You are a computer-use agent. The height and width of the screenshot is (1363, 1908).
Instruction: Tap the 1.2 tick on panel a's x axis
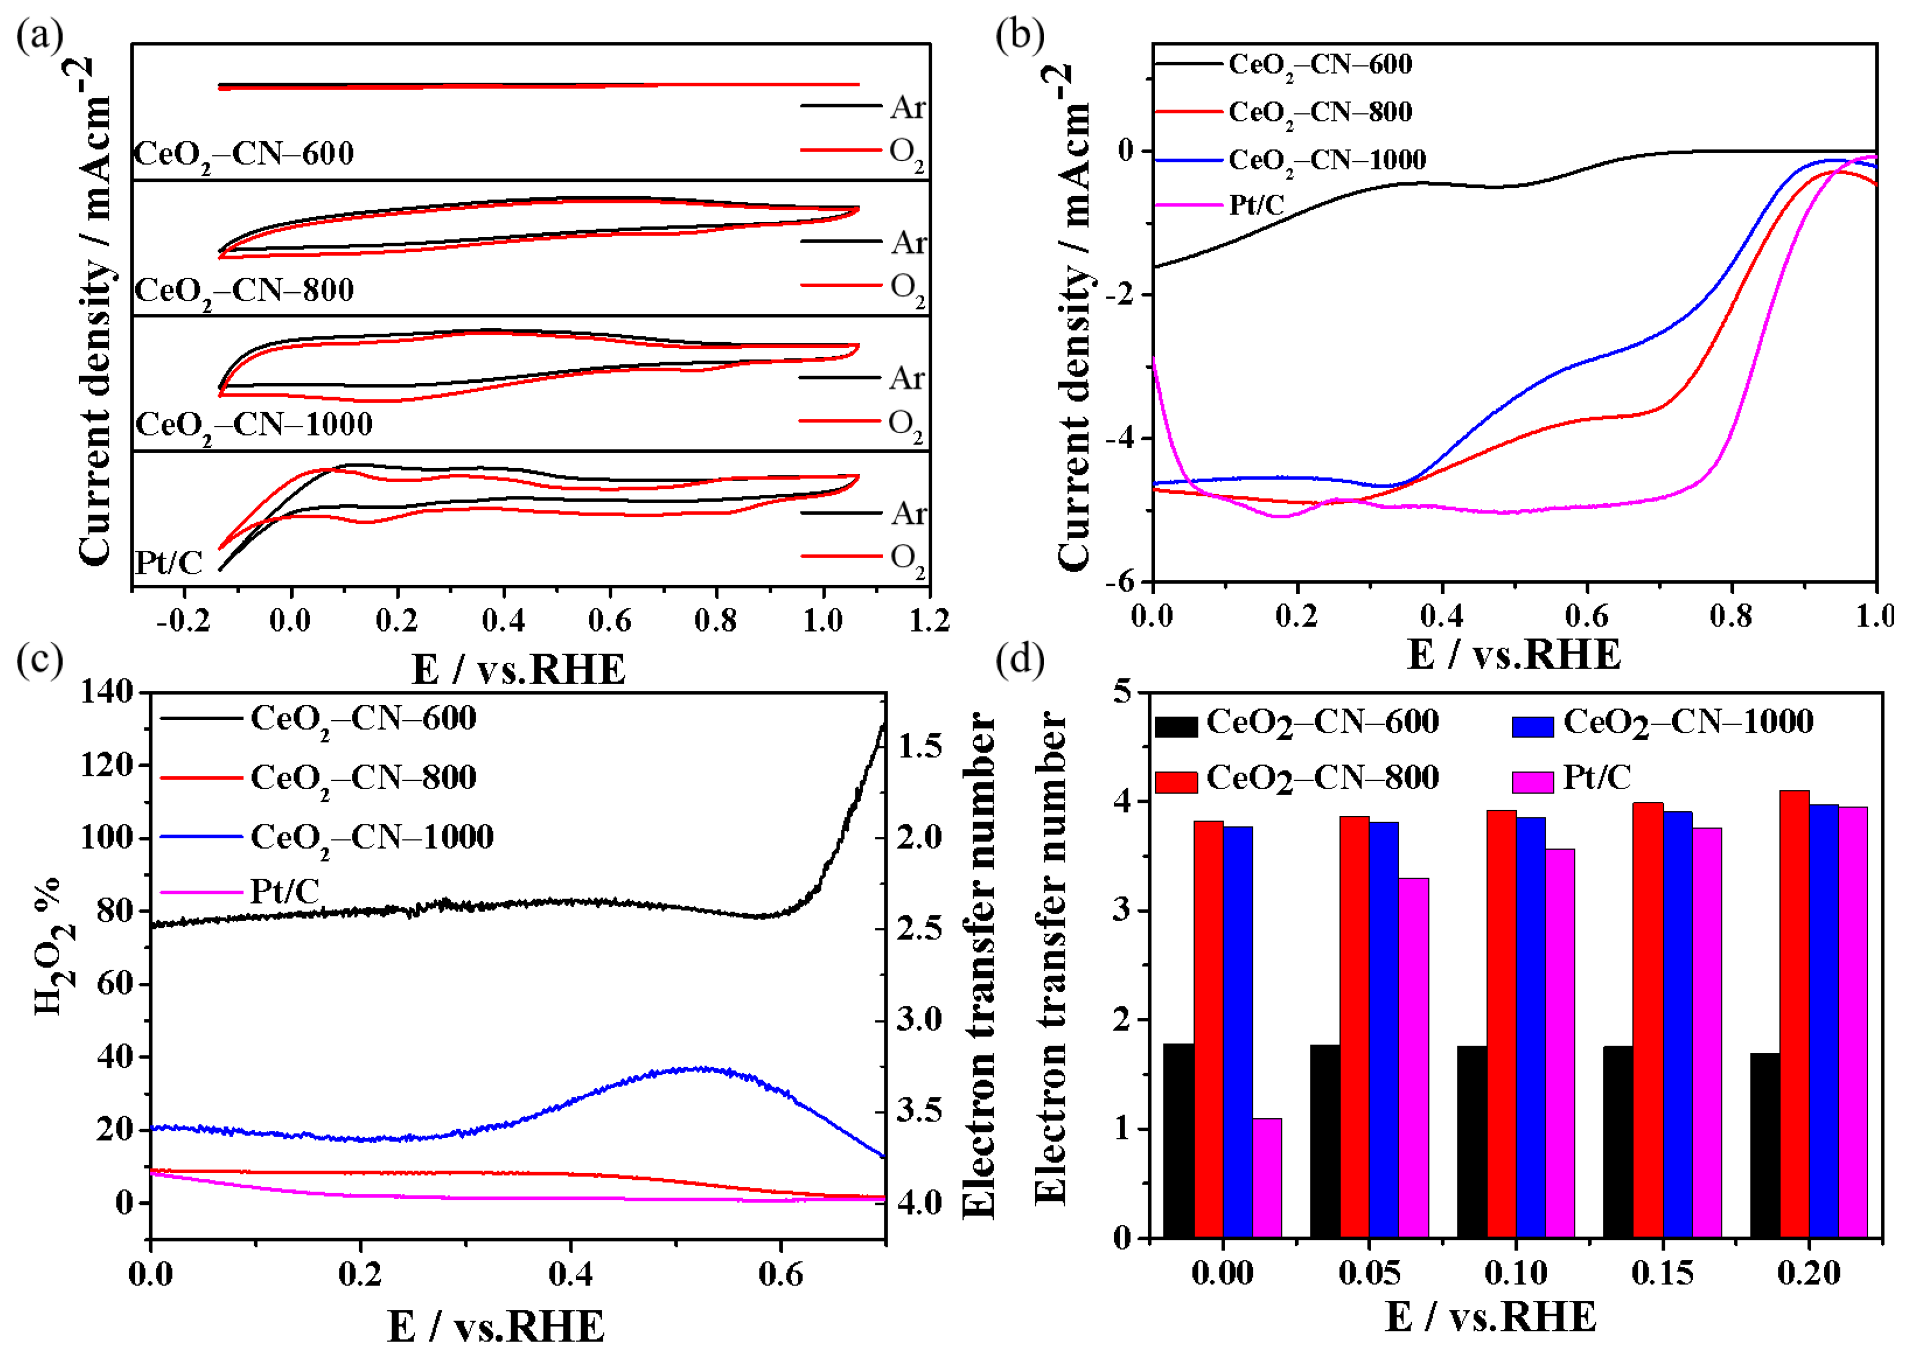click(x=929, y=621)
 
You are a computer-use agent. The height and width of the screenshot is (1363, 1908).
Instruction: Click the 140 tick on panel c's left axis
click(x=107, y=692)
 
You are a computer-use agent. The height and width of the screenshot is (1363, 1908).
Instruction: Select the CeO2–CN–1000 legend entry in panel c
click(x=371, y=837)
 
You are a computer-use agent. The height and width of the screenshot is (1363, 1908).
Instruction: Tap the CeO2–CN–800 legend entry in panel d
click(x=1321, y=778)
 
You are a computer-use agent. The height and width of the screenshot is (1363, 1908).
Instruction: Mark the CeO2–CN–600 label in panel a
click(x=243, y=154)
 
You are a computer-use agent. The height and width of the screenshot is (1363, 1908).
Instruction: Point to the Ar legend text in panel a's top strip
click(x=907, y=107)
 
